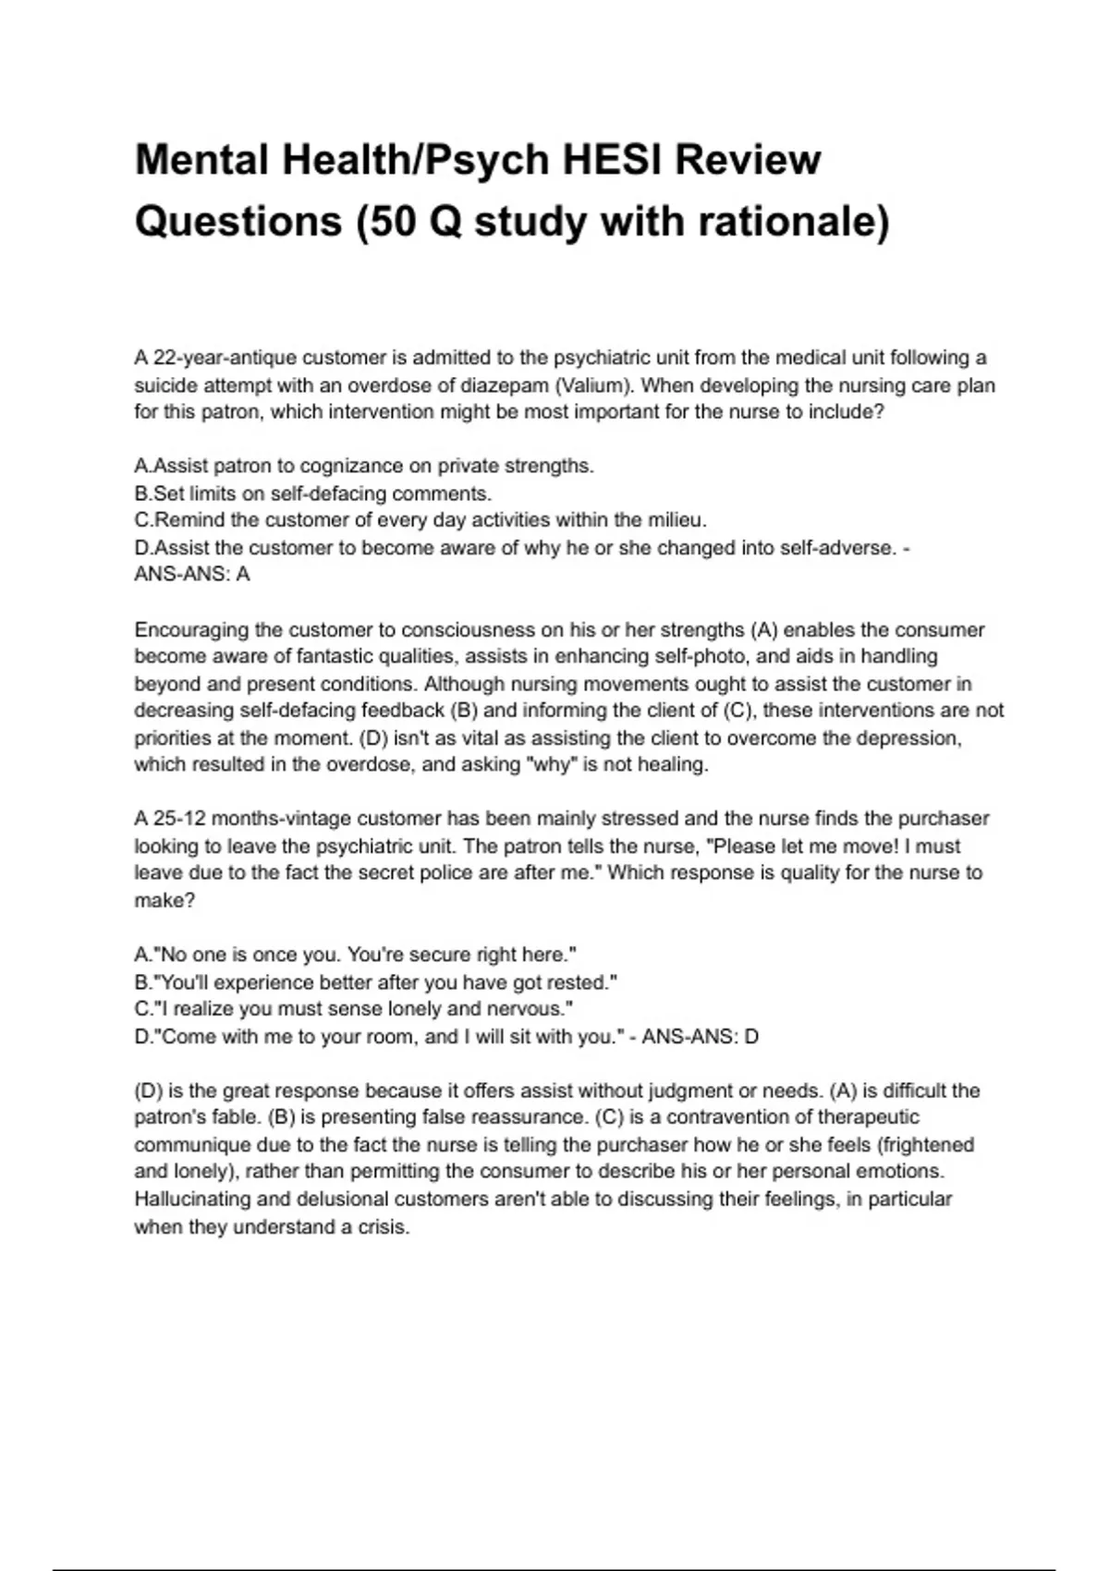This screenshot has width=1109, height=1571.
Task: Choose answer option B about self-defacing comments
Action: pyautogui.click(x=313, y=493)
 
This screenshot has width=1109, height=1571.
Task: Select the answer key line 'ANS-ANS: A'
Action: pyautogui.click(x=192, y=575)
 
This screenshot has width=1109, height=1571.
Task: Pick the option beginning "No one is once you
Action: pyautogui.click(x=356, y=955)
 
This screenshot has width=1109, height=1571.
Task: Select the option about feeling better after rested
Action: pyautogui.click(x=376, y=982)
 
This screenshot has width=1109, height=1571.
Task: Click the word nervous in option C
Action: pyautogui.click(x=539, y=1009)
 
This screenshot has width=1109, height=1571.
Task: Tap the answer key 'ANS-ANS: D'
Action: pyautogui.click(x=701, y=1037)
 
